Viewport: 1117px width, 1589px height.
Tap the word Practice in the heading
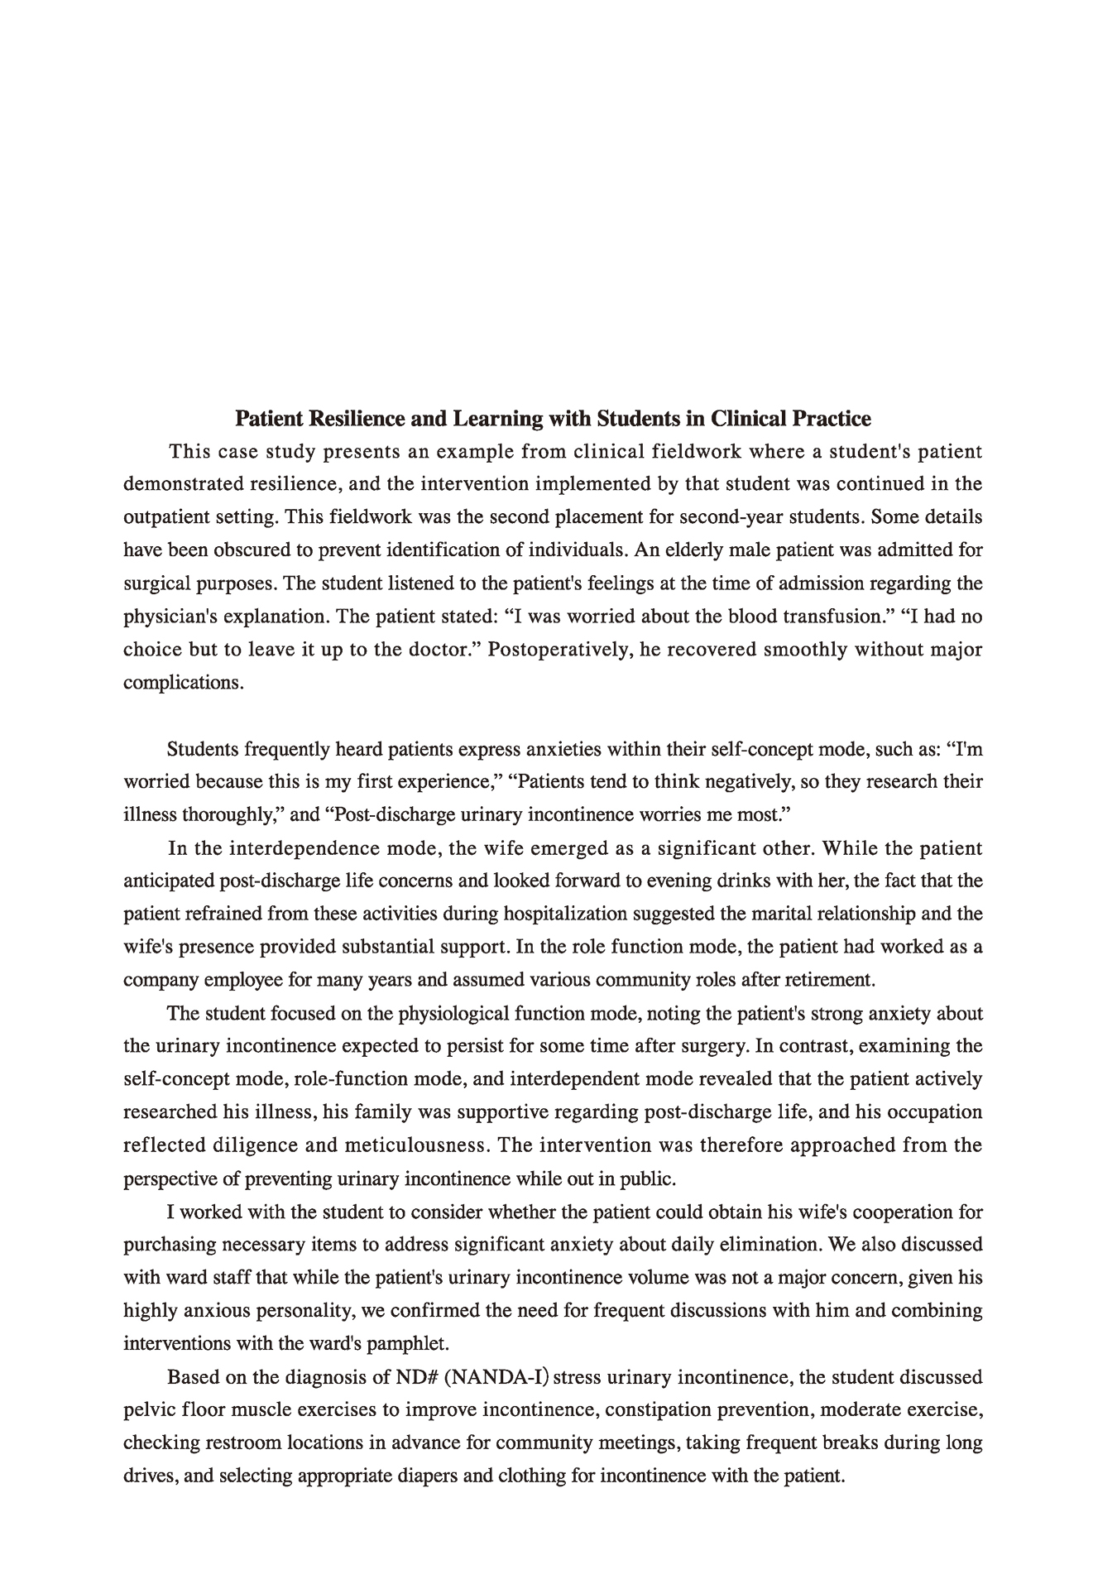point(832,419)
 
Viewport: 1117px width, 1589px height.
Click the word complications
point(183,683)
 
